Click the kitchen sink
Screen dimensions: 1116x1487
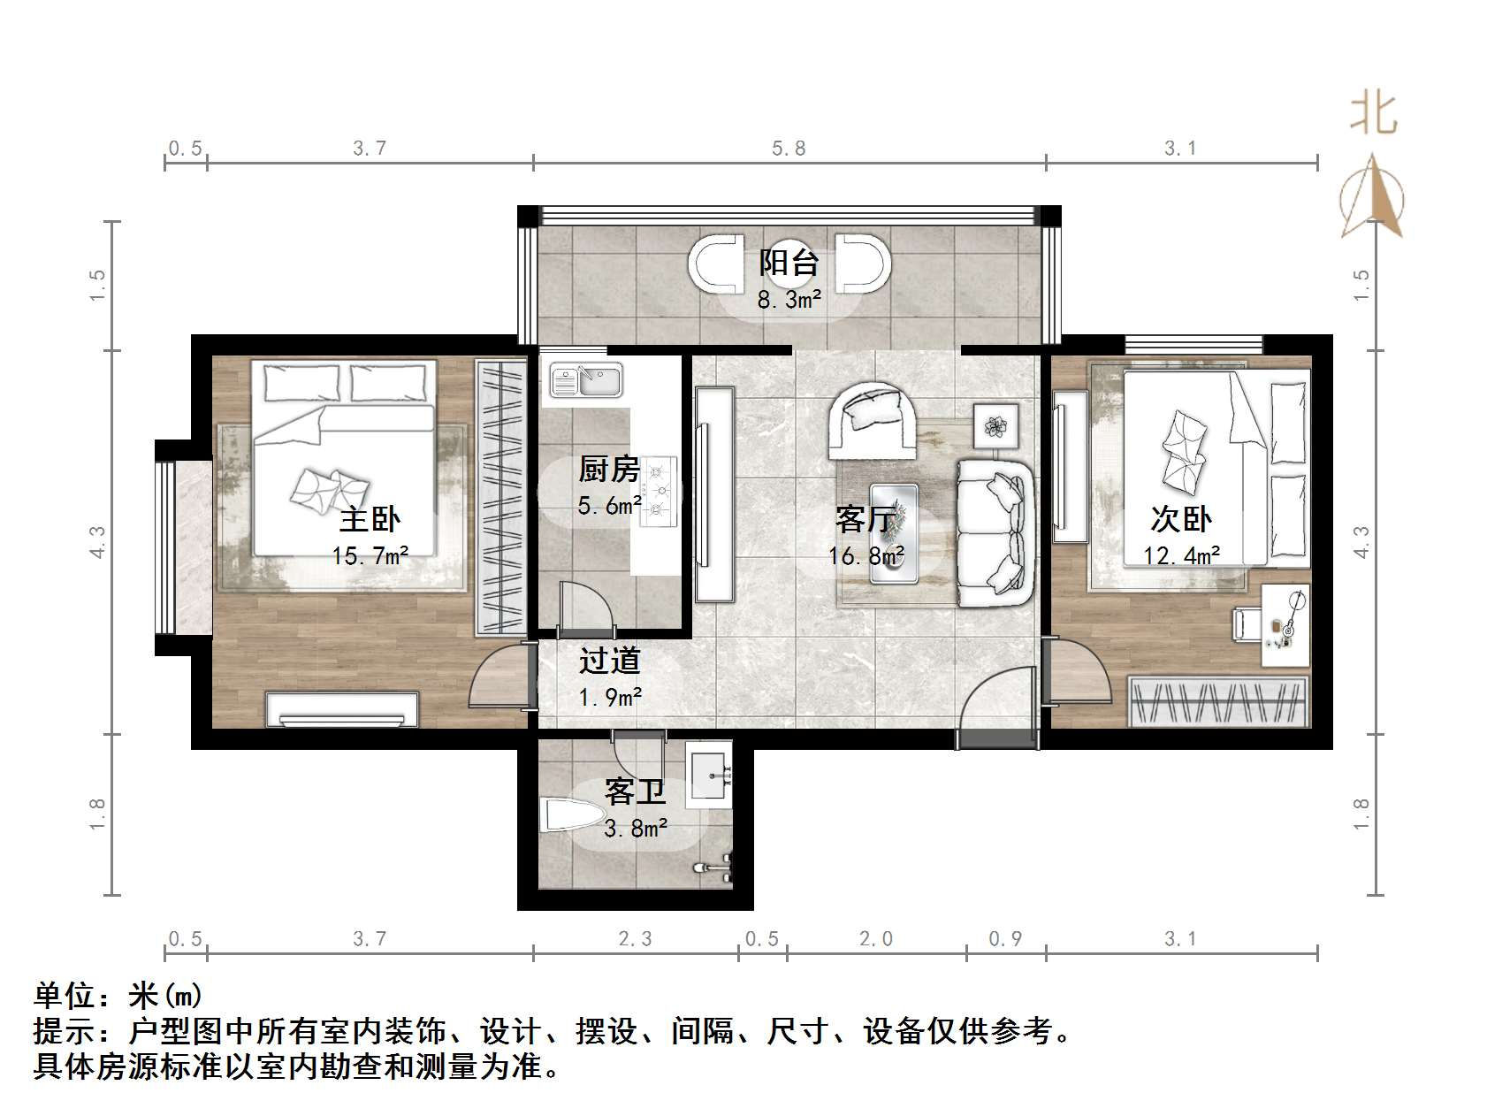(586, 381)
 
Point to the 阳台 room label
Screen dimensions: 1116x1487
(789, 263)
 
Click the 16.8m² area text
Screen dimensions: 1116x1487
(866, 555)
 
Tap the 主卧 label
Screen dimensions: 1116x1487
(370, 518)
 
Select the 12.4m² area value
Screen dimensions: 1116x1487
(1181, 555)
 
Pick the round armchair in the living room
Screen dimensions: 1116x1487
(873, 421)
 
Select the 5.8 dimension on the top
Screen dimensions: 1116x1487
(789, 149)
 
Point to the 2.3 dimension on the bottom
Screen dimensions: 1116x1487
(635, 939)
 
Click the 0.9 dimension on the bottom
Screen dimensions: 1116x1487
(1005, 939)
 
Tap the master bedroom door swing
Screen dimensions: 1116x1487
(497, 678)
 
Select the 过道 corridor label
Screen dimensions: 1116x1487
(609, 661)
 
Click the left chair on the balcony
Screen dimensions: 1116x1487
(717, 264)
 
